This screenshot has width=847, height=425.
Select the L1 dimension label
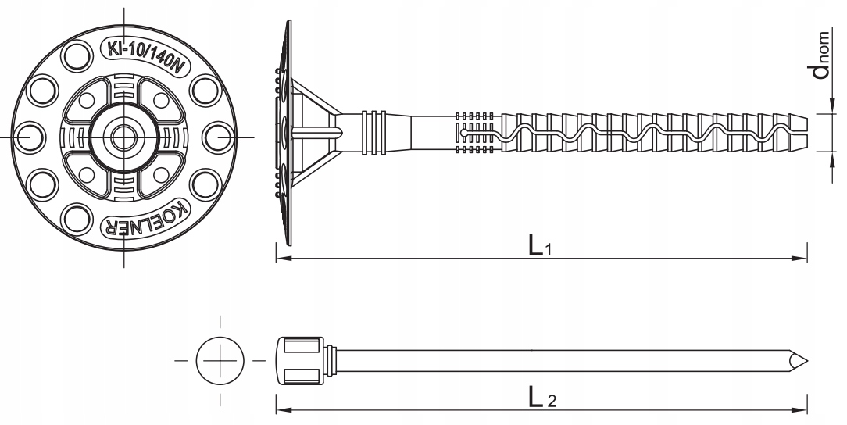[x=539, y=246]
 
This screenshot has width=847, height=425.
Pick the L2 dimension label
[x=541, y=398]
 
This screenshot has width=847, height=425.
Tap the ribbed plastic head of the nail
[x=300, y=361]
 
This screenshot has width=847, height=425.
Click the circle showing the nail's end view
[x=220, y=361]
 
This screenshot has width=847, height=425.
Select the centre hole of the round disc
[x=123, y=137]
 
